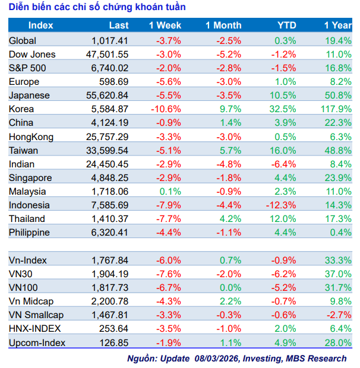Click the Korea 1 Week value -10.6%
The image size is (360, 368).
pyautogui.click(x=168, y=109)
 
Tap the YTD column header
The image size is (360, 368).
pyautogui.click(x=287, y=26)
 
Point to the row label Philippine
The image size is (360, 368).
pyautogui.click(x=30, y=232)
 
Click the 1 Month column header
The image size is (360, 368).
pyautogui.click(x=223, y=26)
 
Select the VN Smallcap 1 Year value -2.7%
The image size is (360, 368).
pyautogui.click(x=339, y=315)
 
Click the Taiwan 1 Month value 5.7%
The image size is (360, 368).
pyautogui.click(x=231, y=150)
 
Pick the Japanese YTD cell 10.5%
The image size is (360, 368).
pyautogui.click(x=284, y=95)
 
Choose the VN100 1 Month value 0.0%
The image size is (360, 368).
pyautogui.click(x=231, y=287)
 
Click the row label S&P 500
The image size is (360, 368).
pyautogui.click(x=28, y=68)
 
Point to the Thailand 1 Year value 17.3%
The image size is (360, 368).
pyautogui.click(x=339, y=218)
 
